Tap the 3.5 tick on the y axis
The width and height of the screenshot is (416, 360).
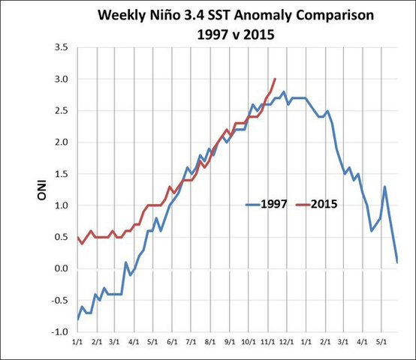(62, 48)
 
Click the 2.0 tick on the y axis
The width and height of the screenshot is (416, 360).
(62, 142)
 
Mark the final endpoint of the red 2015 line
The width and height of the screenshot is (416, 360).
(275, 79)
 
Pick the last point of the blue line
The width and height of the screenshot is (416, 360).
(396, 262)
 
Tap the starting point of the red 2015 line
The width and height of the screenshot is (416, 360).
(77, 237)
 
